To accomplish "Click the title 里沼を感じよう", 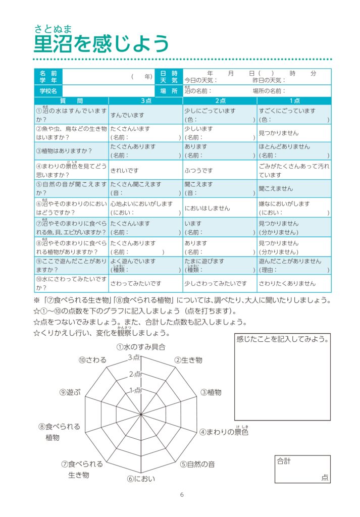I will (x=101, y=44).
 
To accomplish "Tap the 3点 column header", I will (x=145, y=101).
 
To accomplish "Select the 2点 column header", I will (x=220, y=101).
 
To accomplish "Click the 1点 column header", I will (x=294, y=101).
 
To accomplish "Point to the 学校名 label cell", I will (x=48, y=91).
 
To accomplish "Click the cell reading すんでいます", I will (x=127, y=115).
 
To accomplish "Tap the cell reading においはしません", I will (x=207, y=208).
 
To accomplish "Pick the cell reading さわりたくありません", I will (x=287, y=284).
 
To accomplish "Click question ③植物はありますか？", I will (x=64, y=151).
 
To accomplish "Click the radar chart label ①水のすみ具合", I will (x=141, y=347).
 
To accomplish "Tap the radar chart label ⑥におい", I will (x=141, y=479).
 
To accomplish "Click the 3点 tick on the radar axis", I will (x=134, y=357).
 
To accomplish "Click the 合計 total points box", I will (x=302, y=469).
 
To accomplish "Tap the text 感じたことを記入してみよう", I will (x=282, y=339).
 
